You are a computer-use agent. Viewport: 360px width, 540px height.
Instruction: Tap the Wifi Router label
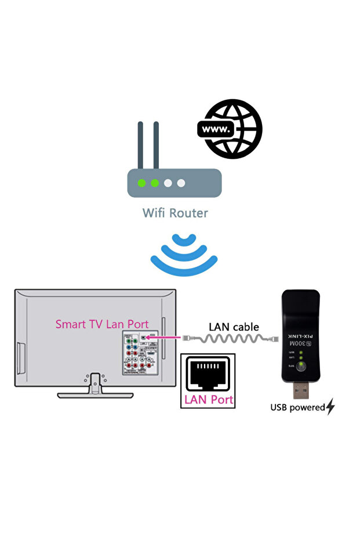tap(174, 213)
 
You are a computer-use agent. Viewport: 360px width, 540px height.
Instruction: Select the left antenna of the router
tap(140, 144)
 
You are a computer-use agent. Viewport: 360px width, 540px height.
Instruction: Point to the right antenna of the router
tap(157, 144)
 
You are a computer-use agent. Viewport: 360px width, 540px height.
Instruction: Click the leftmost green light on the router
tap(141, 183)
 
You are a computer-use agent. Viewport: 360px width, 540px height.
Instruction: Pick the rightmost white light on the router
tap(181, 183)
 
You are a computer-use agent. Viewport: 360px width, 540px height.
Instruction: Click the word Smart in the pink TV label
tap(71, 324)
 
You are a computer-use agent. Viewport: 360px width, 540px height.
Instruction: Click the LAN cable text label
tap(234, 327)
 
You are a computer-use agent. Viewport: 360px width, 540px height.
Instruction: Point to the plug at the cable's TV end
tap(187, 337)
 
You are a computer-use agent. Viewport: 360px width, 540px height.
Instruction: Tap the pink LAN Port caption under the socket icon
tap(208, 400)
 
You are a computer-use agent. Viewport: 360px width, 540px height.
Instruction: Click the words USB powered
tap(297, 408)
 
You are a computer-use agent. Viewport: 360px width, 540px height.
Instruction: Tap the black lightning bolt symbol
tap(330, 407)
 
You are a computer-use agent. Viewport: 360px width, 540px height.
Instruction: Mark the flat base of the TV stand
tap(95, 395)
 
